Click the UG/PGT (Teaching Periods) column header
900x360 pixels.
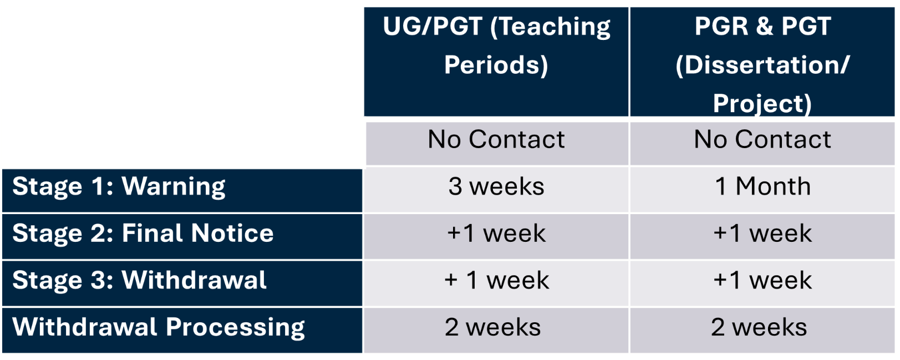coord(496,62)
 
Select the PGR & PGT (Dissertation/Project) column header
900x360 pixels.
coord(762,62)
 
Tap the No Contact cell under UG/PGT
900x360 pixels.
coord(497,144)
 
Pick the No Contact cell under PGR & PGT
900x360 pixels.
coord(762,144)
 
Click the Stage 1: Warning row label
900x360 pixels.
coord(182,190)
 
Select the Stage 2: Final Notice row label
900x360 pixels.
coord(182,237)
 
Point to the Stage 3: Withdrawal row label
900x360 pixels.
coord(182,283)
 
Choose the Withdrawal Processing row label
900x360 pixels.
coord(182,330)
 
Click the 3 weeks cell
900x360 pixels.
coord(496,190)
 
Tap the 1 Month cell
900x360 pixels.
coord(762,190)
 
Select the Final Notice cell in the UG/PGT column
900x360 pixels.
coord(496,237)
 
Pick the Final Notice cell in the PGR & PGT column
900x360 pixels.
coord(762,237)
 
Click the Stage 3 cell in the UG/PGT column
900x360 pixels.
coord(496,283)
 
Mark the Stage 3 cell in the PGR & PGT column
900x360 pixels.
coord(762,283)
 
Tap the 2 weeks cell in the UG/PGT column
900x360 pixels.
coord(496,330)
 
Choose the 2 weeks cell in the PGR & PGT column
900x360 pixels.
coord(762,330)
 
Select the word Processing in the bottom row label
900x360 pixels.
coord(236,328)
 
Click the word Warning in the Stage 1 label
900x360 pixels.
coord(174,187)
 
